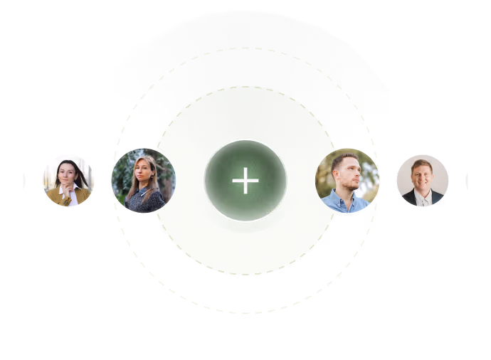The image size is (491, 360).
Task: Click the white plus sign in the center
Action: (x=245, y=181)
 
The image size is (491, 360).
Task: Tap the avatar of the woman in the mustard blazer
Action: (x=68, y=181)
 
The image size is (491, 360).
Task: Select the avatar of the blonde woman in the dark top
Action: (x=144, y=181)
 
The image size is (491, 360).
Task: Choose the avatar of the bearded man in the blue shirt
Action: (x=347, y=181)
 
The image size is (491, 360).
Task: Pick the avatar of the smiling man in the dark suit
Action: (x=423, y=181)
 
